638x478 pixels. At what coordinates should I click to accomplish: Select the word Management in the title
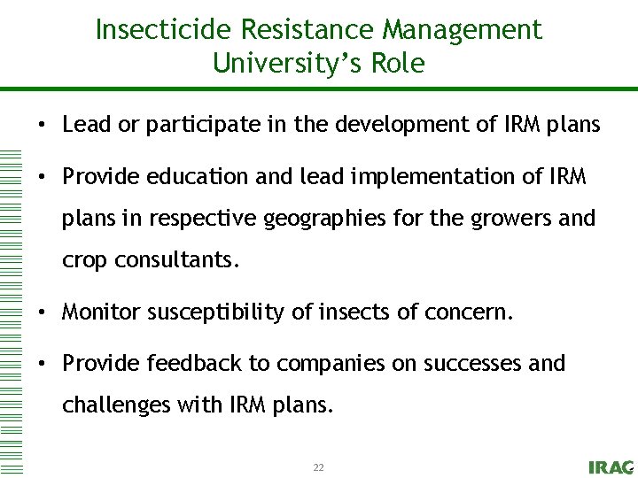point(462,31)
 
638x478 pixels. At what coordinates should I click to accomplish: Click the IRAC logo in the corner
point(611,467)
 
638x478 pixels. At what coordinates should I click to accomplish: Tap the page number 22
point(318,467)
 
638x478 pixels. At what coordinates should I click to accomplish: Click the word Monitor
point(102,312)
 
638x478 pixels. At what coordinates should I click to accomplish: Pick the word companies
point(341,364)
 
